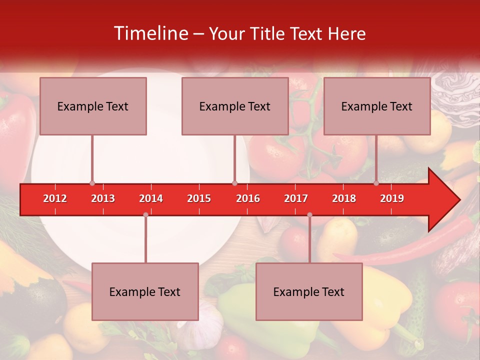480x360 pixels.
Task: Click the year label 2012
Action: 55,198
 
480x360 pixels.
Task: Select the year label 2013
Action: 103,198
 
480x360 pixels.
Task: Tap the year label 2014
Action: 151,198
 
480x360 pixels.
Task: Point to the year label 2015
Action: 199,198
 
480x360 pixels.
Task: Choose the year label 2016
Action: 248,198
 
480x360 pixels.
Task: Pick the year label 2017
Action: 296,198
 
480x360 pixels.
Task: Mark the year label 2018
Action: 344,198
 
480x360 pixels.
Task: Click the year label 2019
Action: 392,198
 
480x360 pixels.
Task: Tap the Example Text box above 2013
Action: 93,106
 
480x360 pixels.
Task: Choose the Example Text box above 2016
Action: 235,106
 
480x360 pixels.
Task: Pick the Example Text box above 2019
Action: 377,106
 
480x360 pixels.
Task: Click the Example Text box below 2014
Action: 145,291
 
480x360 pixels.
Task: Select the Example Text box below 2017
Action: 309,291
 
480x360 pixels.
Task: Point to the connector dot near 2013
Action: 92,183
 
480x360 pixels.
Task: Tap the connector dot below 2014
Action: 145,214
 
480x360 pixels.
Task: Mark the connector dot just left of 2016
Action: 234,183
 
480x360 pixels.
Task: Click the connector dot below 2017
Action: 309,214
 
